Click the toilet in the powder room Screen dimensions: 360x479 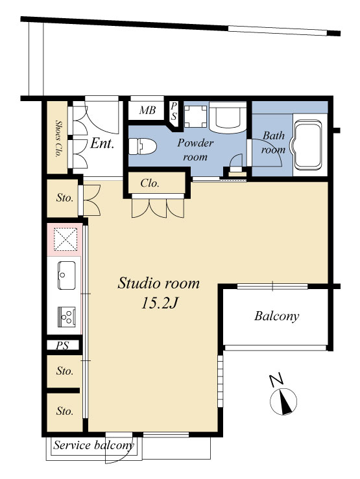coord(143,146)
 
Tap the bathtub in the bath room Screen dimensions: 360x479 coord(307,145)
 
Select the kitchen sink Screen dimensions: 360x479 coord(67,275)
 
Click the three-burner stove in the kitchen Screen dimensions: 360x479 coord(67,317)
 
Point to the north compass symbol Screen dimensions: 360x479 coord(283,401)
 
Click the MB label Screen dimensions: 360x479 coord(147,110)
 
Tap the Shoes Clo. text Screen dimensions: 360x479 coord(57,138)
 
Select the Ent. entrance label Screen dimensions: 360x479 coord(102,144)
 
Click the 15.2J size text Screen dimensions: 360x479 coord(159,303)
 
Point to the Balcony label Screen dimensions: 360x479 coord(276,316)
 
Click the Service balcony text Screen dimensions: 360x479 coord(93,445)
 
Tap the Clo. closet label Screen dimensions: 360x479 coord(150,183)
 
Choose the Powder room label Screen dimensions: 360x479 coord(195,150)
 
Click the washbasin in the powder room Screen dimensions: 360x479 coord(228,118)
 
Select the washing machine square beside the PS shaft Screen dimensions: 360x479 coord(196,117)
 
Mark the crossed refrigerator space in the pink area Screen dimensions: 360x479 coord(66,240)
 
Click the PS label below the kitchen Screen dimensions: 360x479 coord(62,346)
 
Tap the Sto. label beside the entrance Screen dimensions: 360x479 coord(65,198)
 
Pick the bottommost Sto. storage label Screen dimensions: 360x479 coord(65,411)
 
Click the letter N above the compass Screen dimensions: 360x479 coord(277,380)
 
